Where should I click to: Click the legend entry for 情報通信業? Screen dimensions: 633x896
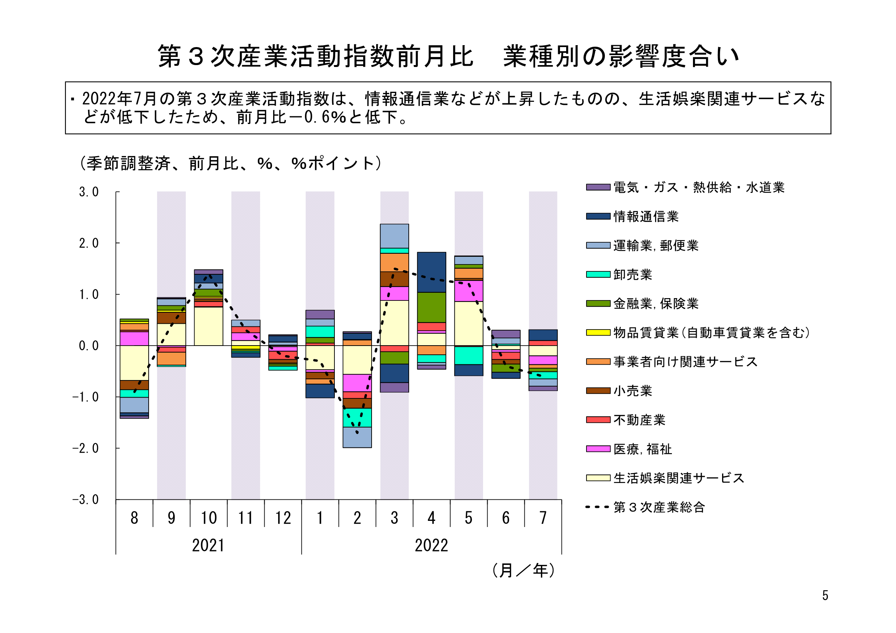(645, 217)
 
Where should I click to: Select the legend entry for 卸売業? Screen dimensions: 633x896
(632, 275)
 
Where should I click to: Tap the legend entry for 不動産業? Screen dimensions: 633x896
(639, 420)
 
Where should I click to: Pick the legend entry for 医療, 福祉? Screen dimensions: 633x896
(642, 449)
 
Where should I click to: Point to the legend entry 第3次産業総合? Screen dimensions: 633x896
(659, 507)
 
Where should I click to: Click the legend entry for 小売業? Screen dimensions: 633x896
(632, 391)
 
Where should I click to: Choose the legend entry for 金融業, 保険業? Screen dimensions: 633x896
(655, 303)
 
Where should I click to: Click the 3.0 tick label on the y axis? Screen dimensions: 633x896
(88, 192)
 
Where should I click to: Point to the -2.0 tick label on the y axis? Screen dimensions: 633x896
(85, 449)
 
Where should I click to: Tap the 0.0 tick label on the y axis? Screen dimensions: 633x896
(88, 346)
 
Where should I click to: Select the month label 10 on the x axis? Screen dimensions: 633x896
(208, 518)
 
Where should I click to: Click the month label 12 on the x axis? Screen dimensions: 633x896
(283, 518)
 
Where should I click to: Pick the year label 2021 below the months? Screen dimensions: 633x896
(208, 545)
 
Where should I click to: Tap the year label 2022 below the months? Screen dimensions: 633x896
(431, 545)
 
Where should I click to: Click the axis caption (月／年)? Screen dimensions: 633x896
(523, 571)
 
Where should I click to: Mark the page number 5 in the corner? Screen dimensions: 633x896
(825, 595)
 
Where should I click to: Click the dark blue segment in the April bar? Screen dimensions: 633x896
(432, 272)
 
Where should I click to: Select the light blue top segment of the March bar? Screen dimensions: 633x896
(395, 236)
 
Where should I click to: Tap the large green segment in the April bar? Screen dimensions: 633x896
(432, 308)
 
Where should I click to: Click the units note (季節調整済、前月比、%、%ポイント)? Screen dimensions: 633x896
(230, 163)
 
